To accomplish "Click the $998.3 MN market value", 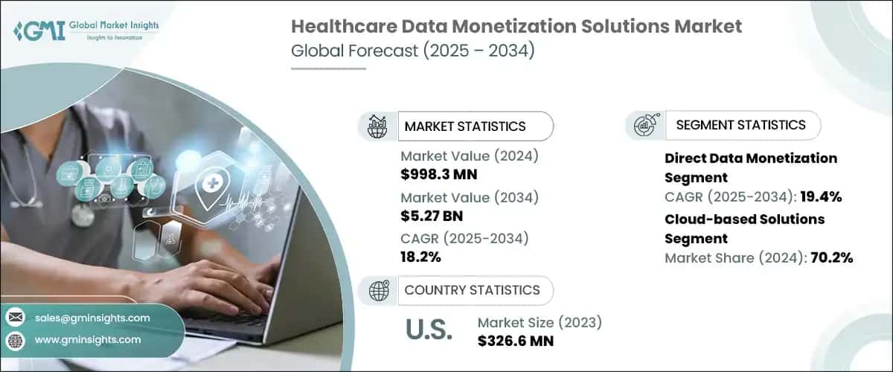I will [439, 175].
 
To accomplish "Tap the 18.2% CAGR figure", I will [421, 258].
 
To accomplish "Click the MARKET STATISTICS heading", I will [465, 126].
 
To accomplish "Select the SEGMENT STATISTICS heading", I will [740, 125].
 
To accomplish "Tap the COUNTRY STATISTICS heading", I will [472, 290].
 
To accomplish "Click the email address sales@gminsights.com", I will [92, 318].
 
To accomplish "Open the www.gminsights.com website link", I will [87, 339].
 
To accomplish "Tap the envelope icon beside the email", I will [15, 318].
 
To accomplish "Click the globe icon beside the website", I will [15, 340].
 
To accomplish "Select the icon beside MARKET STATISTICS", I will [378, 126].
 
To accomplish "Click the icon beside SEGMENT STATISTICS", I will [644, 125].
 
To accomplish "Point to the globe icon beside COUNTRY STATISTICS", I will [378, 290].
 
